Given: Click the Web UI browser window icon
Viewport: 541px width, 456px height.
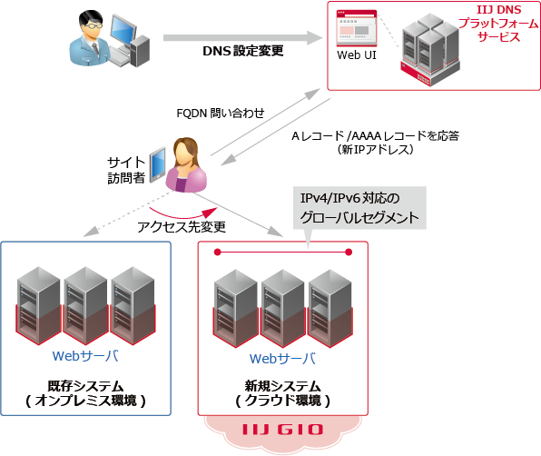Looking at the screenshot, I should point(357,29).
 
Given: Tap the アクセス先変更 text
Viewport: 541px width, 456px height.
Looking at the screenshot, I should point(181,225).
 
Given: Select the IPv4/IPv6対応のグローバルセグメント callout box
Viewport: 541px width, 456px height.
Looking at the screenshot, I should point(359,207).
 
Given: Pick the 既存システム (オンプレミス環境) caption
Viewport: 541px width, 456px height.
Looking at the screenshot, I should point(86,392).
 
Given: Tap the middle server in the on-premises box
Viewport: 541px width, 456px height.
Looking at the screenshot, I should point(86,304).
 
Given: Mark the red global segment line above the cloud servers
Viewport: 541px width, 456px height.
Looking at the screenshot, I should point(282,251).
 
